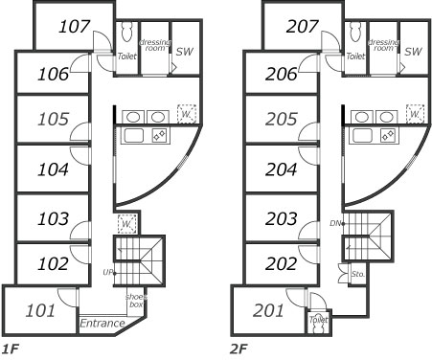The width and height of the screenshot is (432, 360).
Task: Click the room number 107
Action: tap(75, 27)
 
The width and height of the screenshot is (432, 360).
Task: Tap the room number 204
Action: tap(281, 169)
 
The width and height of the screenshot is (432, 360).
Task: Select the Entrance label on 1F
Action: tap(102, 324)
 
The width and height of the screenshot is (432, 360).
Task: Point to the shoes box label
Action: tap(136, 301)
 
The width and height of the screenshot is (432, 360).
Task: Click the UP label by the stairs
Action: tap(107, 273)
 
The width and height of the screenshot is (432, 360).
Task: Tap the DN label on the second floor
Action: tap(335, 223)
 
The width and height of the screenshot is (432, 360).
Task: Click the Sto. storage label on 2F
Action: tap(358, 274)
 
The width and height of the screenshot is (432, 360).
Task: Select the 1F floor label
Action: tap(11, 349)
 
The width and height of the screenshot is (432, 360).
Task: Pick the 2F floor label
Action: tap(239, 349)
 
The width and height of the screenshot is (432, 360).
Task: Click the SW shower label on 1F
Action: tap(185, 52)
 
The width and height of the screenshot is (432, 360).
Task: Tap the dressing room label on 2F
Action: tap(383, 45)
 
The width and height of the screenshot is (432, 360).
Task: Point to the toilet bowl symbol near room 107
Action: tap(127, 32)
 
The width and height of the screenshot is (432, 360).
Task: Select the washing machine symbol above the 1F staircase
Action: tap(126, 224)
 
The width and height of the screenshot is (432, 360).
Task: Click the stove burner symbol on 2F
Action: tap(389, 135)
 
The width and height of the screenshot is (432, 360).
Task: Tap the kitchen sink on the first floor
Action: tap(134, 135)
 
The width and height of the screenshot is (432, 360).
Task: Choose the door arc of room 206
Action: tap(307, 63)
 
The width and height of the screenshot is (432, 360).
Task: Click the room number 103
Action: tap(53, 219)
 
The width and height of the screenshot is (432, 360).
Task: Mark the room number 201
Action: tap(268, 310)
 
